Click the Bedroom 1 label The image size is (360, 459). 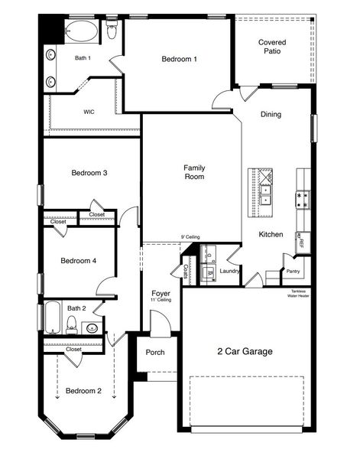pos(179,59)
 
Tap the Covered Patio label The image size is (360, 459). pos(273,47)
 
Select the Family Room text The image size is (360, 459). pos(194,172)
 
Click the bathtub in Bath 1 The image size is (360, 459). pos(81,32)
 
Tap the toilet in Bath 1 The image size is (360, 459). pos(112,31)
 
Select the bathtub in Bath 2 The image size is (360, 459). pos(52,318)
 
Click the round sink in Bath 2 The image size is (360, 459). pos(91,329)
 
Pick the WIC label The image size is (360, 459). pos(89,112)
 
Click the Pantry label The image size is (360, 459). pos(293,271)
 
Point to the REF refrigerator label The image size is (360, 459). pos(301,243)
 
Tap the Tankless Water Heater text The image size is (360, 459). pos(298,294)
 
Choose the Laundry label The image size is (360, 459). pos(229,271)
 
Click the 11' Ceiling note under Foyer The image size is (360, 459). pos(161,301)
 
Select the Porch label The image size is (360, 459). pos(155,353)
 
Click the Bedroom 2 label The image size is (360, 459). pos(83,391)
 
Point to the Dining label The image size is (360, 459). pos(271,115)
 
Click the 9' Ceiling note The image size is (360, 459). pos(190,237)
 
